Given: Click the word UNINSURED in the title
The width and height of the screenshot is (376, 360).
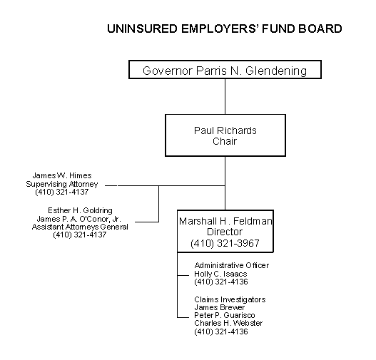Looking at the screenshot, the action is point(142,29).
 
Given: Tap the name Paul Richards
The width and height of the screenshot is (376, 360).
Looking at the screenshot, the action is point(225,130).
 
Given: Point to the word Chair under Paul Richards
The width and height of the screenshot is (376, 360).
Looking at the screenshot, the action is point(225,141).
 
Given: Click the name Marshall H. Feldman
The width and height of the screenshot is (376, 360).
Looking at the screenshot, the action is point(225,221).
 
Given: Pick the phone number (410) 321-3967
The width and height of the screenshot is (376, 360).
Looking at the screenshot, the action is point(225,243).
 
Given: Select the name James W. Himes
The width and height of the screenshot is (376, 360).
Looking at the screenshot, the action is point(62,175).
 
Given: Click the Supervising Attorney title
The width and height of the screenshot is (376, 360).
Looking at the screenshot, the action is point(62,184).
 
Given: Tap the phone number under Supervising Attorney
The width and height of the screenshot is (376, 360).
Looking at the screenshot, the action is point(62,192).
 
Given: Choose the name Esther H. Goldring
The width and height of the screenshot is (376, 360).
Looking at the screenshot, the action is point(80,210).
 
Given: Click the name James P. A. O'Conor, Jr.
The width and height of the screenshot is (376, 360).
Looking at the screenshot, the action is point(79,219).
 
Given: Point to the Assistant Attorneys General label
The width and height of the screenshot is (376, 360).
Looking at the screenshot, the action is point(80,227).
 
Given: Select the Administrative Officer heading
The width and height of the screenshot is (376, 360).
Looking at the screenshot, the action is point(232,265).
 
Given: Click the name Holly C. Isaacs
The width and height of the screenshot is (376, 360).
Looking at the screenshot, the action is point(220,274).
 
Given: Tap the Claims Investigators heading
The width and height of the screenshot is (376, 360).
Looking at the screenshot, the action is point(230,299).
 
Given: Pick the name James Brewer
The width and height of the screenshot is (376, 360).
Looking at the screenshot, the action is point(220,307).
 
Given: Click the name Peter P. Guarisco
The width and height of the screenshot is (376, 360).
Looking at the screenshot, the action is point(225,315).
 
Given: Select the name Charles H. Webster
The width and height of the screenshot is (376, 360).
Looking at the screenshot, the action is point(228,323).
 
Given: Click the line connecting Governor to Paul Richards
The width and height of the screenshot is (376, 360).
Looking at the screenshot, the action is point(225,96).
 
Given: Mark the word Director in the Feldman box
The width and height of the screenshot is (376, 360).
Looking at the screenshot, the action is point(225,232).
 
